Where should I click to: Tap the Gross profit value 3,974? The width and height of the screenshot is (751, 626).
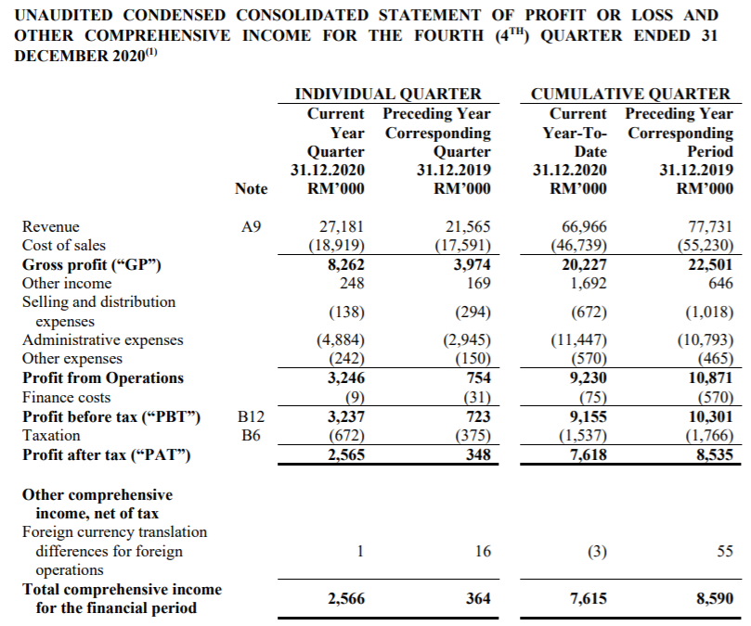(x=470, y=264)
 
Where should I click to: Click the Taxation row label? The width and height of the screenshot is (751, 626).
(x=51, y=434)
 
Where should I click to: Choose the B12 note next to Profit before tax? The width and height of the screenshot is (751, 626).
(x=250, y=415)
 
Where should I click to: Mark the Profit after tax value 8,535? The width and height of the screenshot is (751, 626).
(x=712, y=454)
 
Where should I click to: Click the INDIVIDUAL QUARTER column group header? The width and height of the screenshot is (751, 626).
(x=388, y=94)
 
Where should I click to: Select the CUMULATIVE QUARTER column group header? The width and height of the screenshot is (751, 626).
(x=630, y=94)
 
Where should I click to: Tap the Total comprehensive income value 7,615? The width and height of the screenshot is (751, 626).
(x=588, y=599)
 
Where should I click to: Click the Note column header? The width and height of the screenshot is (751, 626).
(x=251, y=188)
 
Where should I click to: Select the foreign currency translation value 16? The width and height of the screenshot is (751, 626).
(x=482, y=551)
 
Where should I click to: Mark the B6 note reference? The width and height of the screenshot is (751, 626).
(x=250, y=434)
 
